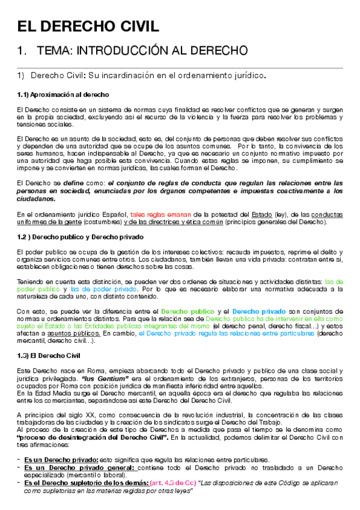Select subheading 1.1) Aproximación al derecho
[x=63, y=95]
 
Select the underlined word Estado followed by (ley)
[x=261, y=214]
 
